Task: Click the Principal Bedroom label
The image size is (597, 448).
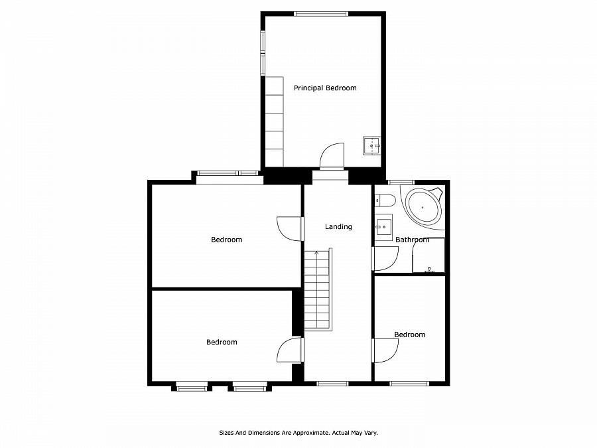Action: tap(325, 88)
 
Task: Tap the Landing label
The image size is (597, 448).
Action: tap(338, 227)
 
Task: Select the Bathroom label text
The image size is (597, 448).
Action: tap(412, 240)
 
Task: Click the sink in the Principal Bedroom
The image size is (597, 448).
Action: tap(371, 146)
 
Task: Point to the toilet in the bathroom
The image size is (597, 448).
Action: tap(385, 200)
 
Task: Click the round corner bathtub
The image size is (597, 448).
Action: tap(423, 207)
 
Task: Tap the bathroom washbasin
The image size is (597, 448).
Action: tap(384, 227)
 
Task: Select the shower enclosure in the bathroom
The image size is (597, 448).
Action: tap(429, 256)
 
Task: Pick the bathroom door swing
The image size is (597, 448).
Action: tap(385, 259)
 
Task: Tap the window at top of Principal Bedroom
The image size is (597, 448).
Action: tap(321, 14)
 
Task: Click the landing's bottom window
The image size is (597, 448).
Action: tap(332, 383)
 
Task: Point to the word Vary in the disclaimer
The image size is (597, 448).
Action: tap(371, 433)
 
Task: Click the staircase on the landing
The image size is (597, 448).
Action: tap(318, 289)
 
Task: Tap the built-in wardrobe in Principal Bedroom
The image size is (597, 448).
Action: tap(275, 121)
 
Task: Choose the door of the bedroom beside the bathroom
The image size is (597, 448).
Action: tap(385, 350)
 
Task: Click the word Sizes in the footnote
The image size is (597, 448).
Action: tap(226, 433)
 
